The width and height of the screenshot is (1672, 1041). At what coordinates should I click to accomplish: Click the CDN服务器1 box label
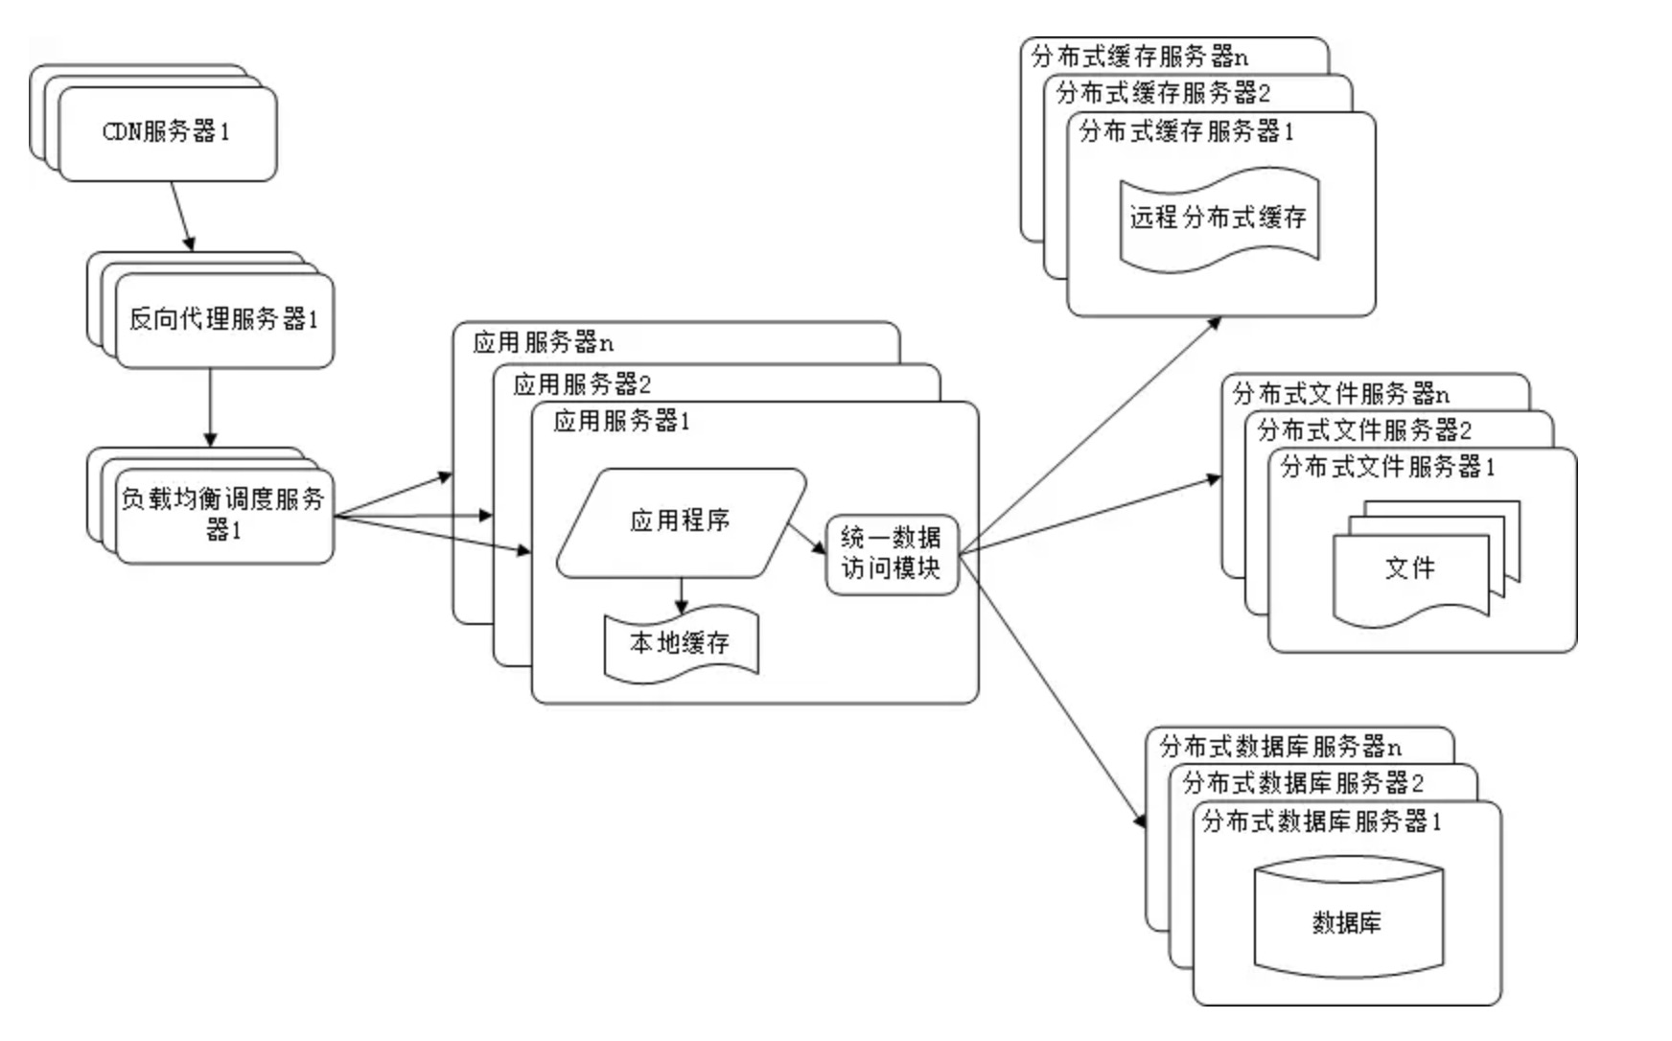point(166,131)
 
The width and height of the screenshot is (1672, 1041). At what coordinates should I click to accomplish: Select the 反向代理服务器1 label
point(222,318)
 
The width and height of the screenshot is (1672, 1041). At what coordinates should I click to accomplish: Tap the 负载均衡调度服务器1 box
point(222,514)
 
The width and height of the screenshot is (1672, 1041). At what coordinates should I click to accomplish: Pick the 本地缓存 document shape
point(680,643)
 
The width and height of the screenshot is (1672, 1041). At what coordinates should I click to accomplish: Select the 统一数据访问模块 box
point(891,553)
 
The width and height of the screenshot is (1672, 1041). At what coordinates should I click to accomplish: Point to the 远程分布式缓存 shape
point(1218,218)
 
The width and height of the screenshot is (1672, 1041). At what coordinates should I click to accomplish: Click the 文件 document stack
point(1409,568)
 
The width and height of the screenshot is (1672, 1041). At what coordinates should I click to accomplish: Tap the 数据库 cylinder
point(1347,922)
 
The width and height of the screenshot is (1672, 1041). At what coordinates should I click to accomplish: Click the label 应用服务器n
point(543,342)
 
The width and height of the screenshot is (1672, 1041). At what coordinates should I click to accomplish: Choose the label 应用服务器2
point(582,384)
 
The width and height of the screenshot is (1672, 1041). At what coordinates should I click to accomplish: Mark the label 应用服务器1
point(621,421)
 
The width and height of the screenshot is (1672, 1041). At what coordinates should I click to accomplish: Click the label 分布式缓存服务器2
point(1163,93)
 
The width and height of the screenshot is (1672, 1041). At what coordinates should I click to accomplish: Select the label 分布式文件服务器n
point(1340,393)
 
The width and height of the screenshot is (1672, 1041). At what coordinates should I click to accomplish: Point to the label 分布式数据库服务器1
point(1321,821)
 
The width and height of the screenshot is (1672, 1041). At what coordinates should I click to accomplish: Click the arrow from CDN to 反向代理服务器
point(182,216)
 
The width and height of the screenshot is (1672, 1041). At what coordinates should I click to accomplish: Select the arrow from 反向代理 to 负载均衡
point(210,407)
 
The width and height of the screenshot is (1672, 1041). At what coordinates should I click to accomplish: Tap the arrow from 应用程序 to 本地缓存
point(681,595)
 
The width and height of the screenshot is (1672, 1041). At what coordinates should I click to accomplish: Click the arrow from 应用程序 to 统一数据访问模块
point(806,539)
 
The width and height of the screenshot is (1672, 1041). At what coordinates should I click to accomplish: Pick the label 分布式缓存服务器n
point(1140,57)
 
